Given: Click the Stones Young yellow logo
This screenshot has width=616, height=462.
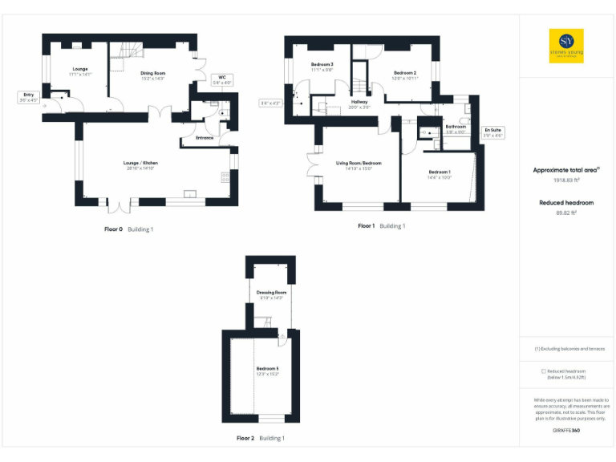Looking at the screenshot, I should tap(566, 46).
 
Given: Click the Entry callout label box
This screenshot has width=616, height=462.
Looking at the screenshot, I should tap(28, 97).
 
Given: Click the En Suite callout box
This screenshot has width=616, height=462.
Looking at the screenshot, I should tap(492, 132).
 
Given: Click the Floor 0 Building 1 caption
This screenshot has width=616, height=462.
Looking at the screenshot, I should tap(128, 229).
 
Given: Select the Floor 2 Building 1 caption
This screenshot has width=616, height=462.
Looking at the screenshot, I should tap(261, 439).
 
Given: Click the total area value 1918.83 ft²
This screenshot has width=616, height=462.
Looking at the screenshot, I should tap(567, 180).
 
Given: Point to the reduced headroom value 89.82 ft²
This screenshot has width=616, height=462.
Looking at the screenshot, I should tap(567, 213).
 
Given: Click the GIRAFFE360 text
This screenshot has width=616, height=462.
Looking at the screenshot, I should tap(566, 431).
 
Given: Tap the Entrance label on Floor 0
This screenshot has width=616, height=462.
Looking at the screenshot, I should tap(205, 138).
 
